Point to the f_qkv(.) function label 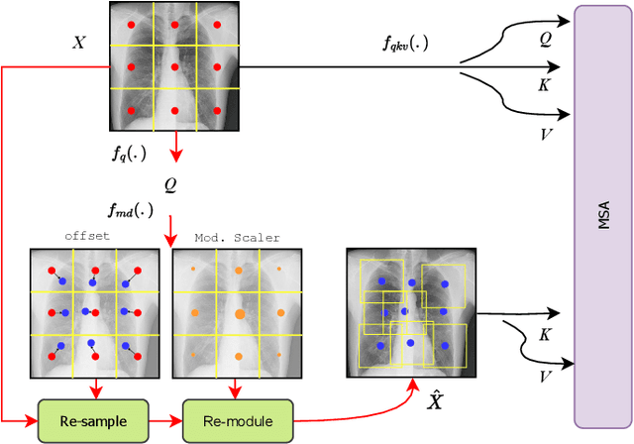pos(405,43)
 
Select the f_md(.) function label pos(131,209)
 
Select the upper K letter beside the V pos(544,85)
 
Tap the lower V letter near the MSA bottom pos(544,377)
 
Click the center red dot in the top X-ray pos(174,67)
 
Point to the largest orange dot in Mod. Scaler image pos(238,313)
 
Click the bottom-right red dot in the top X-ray pos(218,110)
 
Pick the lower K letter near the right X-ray pos(544,336)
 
